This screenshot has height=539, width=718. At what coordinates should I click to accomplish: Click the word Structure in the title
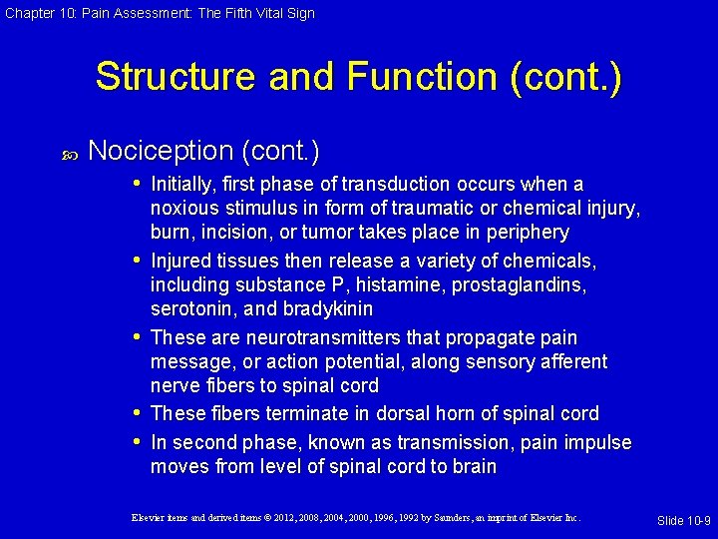tap(161, 77)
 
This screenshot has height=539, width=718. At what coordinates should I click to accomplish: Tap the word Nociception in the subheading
tap(160, 151)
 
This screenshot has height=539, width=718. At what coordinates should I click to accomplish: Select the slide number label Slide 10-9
tap(683, 521)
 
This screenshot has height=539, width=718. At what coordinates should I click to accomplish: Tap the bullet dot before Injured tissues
tap(137, 261)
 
